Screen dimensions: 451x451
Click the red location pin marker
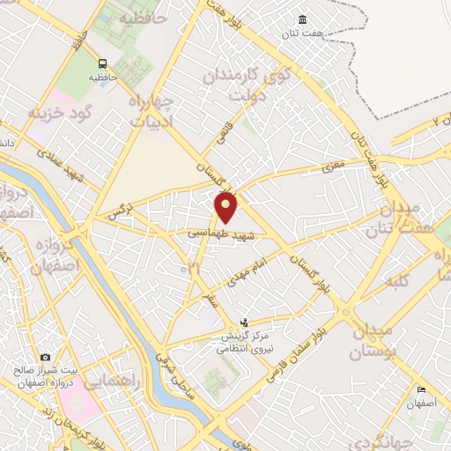226,208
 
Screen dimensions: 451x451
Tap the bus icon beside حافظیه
103,63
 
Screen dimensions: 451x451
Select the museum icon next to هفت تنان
303,20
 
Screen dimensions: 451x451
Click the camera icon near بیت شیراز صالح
45,358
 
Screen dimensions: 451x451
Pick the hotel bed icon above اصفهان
421,389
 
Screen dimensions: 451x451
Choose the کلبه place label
394,285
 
